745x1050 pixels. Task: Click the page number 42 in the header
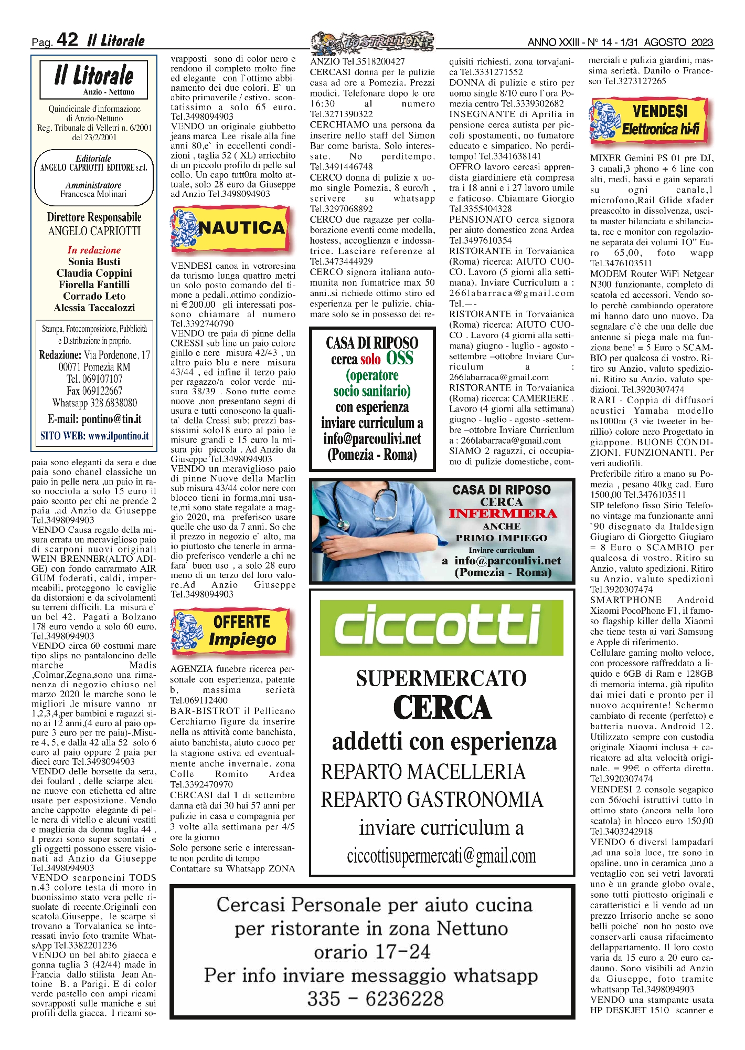tap(67, 39)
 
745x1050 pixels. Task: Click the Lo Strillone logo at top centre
tap(372, 43)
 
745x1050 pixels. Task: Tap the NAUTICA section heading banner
tap(230, 228)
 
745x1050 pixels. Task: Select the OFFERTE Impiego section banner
tap(230, 630)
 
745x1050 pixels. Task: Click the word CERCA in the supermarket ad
tap(442, 708)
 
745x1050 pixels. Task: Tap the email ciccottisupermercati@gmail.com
tap(441, 856)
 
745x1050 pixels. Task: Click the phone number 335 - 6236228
tap(375, 999)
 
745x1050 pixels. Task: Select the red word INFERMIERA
tap(502, 513)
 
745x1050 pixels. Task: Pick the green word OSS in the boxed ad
tap(400, 359)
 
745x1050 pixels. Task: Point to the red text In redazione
tap(94, 250)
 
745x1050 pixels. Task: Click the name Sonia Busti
tap(94, 261)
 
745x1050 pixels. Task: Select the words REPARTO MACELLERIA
tap(423, 772)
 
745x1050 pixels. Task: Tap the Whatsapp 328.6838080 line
tap(94, 403)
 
